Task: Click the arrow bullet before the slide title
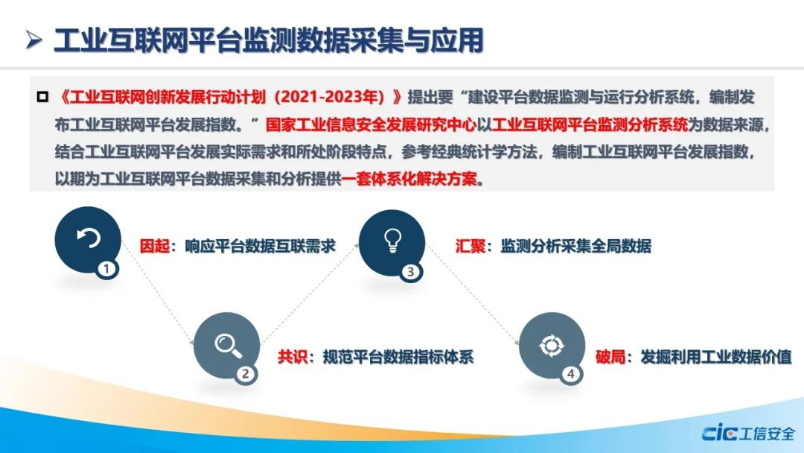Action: [x=33, y=40]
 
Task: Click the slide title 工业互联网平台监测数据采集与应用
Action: [x=269, y=40]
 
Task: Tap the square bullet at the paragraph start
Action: [x=42, y=96]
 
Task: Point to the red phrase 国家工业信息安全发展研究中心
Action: [x=371, y=124]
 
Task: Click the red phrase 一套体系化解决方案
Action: [x=409, y=179]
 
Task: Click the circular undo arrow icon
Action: [x=88, y=238]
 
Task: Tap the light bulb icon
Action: [x=392, y=240]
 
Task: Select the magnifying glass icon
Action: [x=229, y=345]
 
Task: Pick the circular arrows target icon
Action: [x=552, y=345]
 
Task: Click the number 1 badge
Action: [x=106, y=269]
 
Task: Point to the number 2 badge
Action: [x=246, y=373]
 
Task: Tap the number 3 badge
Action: [x=411, y=271]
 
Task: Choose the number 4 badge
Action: [x=571, y=373]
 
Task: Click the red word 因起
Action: [x=154, y=246]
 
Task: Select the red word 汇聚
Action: [x=470, y=246]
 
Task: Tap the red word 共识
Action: [x=293, y=357]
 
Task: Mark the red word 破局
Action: [x=610, y=357]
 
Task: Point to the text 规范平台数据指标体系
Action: [x=398, y=357]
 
